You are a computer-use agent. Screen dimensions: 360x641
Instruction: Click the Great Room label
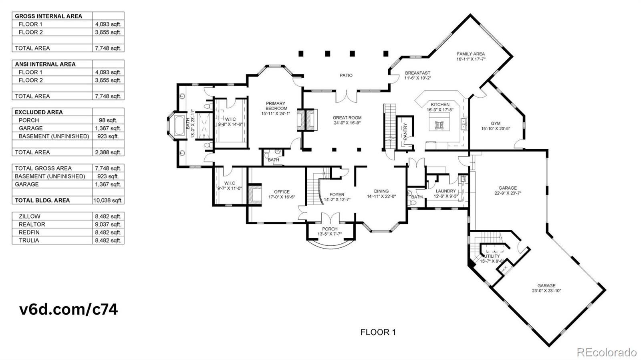coord(347,118)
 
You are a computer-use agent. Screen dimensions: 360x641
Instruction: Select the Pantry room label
coord(405,131)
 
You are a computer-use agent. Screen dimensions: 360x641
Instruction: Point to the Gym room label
coord(496,123)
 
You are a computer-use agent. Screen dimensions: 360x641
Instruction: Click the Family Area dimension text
coord(471,59)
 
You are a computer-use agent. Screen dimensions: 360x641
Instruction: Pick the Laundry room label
coord(445,191)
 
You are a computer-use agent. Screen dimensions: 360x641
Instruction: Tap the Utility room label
coord(492,256)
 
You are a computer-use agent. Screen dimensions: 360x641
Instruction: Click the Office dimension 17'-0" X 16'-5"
coord(282,197)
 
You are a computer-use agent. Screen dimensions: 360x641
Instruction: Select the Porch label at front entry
coord(330,229)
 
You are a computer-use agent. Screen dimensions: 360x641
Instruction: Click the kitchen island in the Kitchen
coord(439,121)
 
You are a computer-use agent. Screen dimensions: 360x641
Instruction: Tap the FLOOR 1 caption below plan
coord(378,332)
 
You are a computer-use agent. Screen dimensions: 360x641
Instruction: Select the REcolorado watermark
coord(606,352)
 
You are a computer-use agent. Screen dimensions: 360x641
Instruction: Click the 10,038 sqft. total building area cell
coord(108,200)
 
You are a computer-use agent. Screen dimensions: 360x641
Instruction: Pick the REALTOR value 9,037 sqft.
coord(108,224)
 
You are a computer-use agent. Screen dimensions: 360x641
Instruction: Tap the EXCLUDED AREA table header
coord(39,112)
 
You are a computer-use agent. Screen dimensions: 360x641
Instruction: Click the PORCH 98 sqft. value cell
coord(108,120)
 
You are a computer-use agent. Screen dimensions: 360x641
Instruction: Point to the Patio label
coord(346,75)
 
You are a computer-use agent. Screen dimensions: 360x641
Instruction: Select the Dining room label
coord(381,191)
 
